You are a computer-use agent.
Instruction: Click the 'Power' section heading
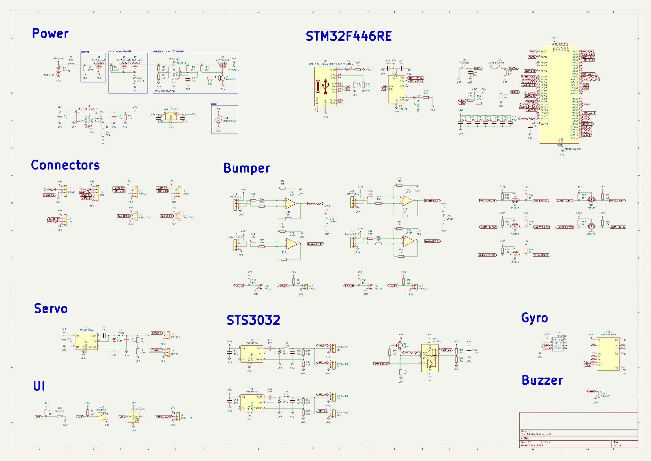pyautogui.click(x=50, y=33)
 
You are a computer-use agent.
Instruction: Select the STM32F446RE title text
pyautogui.click(x=348, y=36)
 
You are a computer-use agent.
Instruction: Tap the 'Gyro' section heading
pyautogui.click(x=534, y=318)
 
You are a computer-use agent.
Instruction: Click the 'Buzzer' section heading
pyautogui.click(x=542, y=380)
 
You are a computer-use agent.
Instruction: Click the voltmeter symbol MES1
pyautogui.click(x=218, y=120)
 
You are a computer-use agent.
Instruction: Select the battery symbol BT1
pyautogui.click(x=58, y=69)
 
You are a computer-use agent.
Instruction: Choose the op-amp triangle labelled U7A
pyautogui.click(x=291, y=203)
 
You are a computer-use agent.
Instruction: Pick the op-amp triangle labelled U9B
pyautogui.click(x=409, y=241)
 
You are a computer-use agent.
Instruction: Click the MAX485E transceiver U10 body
pyautogui.click(x=429, y=358)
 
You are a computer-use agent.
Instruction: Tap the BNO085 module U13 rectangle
pyautogui.click(x=608, y=354)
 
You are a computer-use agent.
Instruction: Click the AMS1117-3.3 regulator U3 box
pyautogui.click(x=171, y=116)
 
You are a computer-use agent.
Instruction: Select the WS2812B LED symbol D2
pyautogui.click(x=134, y=417)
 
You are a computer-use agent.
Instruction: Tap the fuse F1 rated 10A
pyautogui.click(x=71, y=64)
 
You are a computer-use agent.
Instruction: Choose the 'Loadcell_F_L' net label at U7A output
pyautogui.click(x=315, y=203)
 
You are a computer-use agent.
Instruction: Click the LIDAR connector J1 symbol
pyautogui.click(x=65, y=191)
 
